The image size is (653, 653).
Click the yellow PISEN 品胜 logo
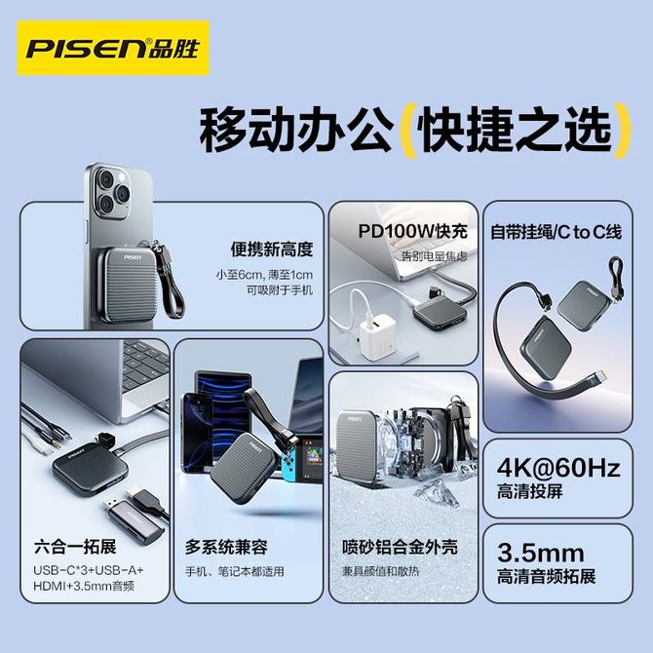113,48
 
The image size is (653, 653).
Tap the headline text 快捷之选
517,131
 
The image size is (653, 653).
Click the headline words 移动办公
296,131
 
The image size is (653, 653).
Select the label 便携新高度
272,250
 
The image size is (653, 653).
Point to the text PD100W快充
412,232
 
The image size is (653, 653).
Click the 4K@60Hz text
558,468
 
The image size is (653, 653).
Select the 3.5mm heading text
541,553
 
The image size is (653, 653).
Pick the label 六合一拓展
75,547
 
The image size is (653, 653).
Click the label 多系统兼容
226,547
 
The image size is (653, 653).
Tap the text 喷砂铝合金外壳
400,547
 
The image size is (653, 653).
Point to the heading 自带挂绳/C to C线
556,232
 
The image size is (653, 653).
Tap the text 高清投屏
529,491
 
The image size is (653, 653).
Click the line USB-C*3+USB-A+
89,570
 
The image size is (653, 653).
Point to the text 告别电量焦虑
434,255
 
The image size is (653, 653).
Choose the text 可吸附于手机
279,289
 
